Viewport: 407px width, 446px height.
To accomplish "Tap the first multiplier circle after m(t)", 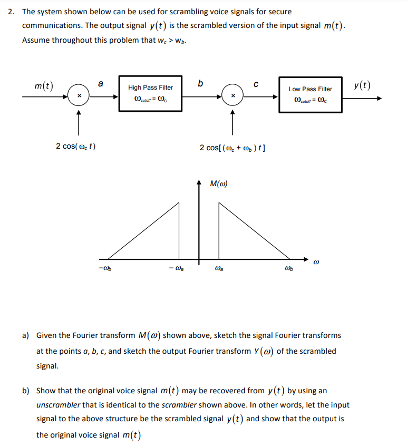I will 79,96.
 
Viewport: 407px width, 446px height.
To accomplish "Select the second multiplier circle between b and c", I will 231,96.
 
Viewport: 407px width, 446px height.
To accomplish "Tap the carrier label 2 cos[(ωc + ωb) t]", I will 232,147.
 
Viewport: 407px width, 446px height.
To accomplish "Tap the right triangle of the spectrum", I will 243,240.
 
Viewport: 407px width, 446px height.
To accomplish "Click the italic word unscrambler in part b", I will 60,405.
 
